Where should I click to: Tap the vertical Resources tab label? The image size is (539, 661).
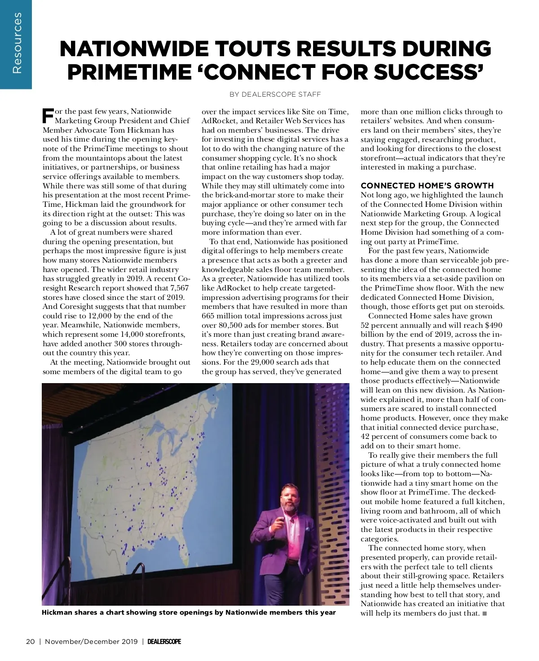tap(16, 43)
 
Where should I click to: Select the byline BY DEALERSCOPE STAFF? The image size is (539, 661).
tap(275, 94)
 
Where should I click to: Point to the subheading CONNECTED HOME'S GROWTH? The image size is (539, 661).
tap(427, 186)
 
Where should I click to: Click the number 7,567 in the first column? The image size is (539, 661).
tap(177, 288)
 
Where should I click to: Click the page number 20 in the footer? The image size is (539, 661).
tap(31, 642)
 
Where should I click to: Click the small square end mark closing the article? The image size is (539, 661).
tap(484, 613)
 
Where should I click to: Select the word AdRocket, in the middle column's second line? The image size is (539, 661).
tap(219, 121)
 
